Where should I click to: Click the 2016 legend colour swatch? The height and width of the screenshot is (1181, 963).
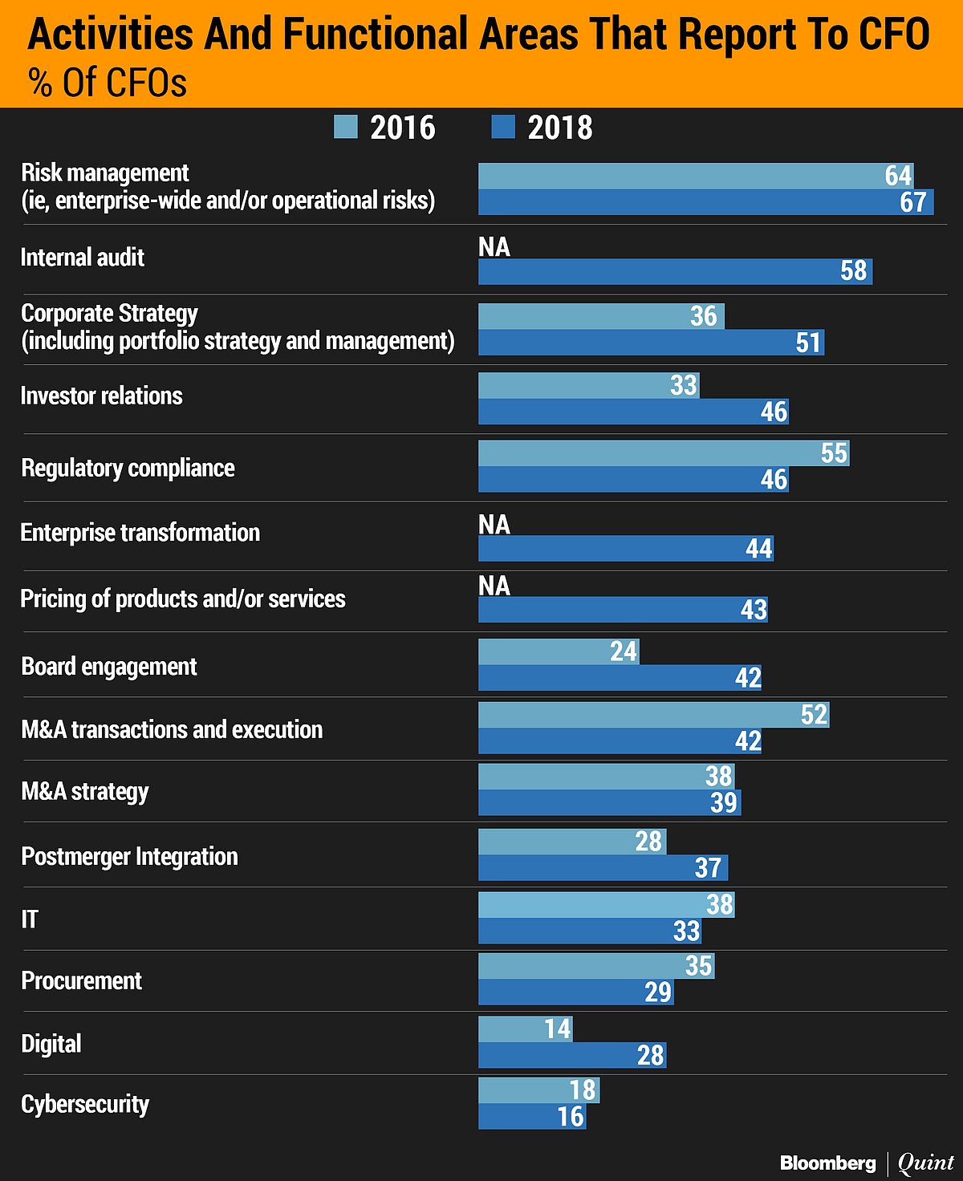click(x=346, y=127)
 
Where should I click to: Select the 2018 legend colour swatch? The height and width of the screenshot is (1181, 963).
click(x=502, y=127)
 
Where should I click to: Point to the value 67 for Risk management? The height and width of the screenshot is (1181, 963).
click(x=912, y=202)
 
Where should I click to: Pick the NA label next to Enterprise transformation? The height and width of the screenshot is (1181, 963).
click(x=494, y=525)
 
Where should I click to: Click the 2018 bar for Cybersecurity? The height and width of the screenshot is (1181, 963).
click(x=531, y=1116)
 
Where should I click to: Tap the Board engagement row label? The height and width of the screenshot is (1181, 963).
click(x=109, y=667)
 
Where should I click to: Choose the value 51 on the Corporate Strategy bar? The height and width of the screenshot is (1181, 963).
click(x=808, y=343)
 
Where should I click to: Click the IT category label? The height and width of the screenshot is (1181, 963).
click(x=30, y=919)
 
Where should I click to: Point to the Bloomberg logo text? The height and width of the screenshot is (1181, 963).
click(x=827, y=1163)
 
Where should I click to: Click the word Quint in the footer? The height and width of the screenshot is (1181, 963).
click(x=925, y=1163)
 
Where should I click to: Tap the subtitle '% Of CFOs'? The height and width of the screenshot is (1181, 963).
click(x=108, y=83)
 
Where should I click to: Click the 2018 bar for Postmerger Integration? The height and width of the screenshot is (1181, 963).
click(x=602, y=867)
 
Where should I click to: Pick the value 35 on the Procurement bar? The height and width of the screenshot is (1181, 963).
click(x=698, y=966)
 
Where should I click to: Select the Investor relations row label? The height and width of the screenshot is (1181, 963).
click(x=102, y=396)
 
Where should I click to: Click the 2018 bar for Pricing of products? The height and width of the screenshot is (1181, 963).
click(x=622, y=610)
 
